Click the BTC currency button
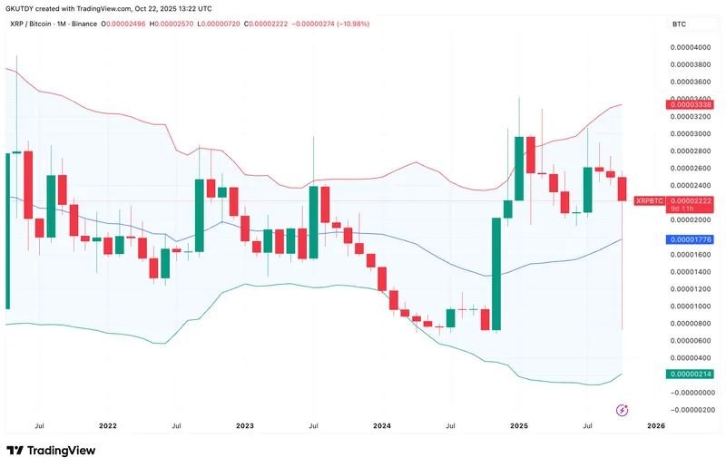(678, 24)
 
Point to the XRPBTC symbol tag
(651, 199)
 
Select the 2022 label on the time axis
(107, 424)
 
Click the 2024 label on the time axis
(382, 424)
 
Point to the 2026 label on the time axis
(657, 424)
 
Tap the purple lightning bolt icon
(623, 411)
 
